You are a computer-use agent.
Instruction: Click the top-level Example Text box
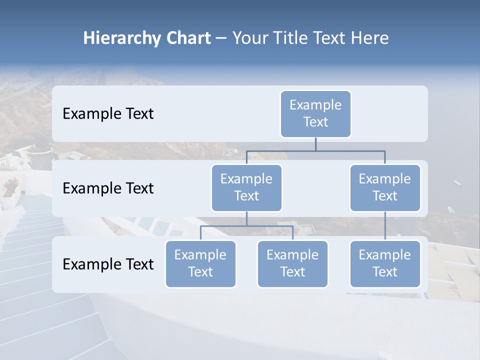point(315,114)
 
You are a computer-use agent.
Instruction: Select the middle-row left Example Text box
point(246,188)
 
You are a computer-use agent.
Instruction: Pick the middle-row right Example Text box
point(385,188)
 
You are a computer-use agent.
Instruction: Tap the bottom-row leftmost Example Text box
point(200,264)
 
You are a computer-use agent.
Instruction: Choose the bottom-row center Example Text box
point(292,264)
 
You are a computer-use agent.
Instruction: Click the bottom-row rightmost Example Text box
point(385,264)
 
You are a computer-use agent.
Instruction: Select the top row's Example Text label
point(108,114)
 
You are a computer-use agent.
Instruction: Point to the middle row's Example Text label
point(108,188)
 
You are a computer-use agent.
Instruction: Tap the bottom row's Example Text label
point(108,264)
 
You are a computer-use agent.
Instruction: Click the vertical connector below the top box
point(315,144)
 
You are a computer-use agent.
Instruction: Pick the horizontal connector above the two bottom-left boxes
point(246,226)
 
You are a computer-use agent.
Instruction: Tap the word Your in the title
point(249,38)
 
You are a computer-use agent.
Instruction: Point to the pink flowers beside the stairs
point(10,186)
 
